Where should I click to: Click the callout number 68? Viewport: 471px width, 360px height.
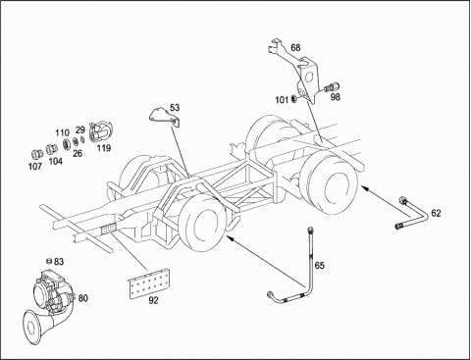point(295,48)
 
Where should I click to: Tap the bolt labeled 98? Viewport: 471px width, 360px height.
point(332,87)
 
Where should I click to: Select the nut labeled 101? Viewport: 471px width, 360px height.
point(293,98)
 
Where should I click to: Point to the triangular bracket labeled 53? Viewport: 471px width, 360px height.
point(165,117)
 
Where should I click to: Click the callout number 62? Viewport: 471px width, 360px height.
point(436,213)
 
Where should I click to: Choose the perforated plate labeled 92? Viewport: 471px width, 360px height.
point(149,283)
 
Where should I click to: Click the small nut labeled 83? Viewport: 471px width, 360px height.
point(49,261)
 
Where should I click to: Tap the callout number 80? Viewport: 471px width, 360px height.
point(83,298)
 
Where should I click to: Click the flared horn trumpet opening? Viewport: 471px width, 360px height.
point(32,327)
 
